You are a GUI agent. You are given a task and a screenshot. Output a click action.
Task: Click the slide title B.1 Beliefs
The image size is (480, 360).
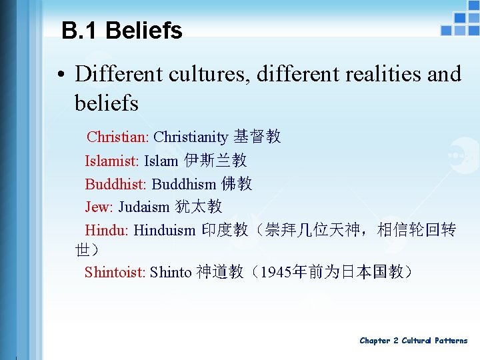pyautogui.click(x=121, y=31)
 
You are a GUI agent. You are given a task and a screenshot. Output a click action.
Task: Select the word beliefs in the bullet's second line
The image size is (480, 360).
pyautogui.click(x=107, y=103)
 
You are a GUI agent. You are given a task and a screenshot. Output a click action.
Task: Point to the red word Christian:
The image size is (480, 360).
pyautogui.click(x=117, y=137)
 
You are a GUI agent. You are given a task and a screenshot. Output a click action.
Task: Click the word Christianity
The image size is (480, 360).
pyautogui.click(x=191, y=137)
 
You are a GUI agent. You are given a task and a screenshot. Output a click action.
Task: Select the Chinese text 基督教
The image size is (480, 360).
pyautogui.click(x=257, y=137)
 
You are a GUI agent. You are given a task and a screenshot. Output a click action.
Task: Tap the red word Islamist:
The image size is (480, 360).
pyautogui.click(x=112, y=161)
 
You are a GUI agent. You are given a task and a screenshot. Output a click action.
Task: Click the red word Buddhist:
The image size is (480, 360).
pyautogui.click(x=115, y=184)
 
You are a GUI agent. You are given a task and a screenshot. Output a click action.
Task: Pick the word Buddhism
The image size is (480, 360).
pyautogui.click(x=184, y=184)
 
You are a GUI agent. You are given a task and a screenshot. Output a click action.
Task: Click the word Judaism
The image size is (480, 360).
pyautogui.click(x=144, y=207)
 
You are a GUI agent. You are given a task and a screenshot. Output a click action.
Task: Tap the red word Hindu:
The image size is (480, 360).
pyautogui.click(x=107, y=231)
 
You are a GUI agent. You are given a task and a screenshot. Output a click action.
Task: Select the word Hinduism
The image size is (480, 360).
pyautogui.click(x=165, y=231)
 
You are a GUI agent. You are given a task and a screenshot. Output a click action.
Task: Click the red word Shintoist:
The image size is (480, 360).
pyautogui.click(x=115, y=272)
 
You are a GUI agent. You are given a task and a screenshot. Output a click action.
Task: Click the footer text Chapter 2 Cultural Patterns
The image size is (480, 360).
pyautogui.click(x=413, y=341)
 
